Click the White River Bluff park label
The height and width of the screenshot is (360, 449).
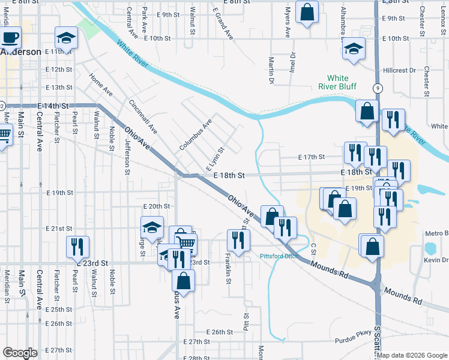(337, 82)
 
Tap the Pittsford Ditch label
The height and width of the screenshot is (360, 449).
(279, 256)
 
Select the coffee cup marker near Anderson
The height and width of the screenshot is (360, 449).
(10, 38)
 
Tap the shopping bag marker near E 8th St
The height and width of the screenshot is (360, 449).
(307, 13)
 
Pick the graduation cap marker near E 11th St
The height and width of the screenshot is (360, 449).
(65, 39)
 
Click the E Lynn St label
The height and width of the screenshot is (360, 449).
(214, 158)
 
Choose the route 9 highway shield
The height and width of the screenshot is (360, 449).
(377, 88)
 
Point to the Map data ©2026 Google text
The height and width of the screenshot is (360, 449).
(412, 355)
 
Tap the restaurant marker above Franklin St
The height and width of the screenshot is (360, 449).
(238, 241)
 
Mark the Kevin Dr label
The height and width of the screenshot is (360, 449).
(436, 260)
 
